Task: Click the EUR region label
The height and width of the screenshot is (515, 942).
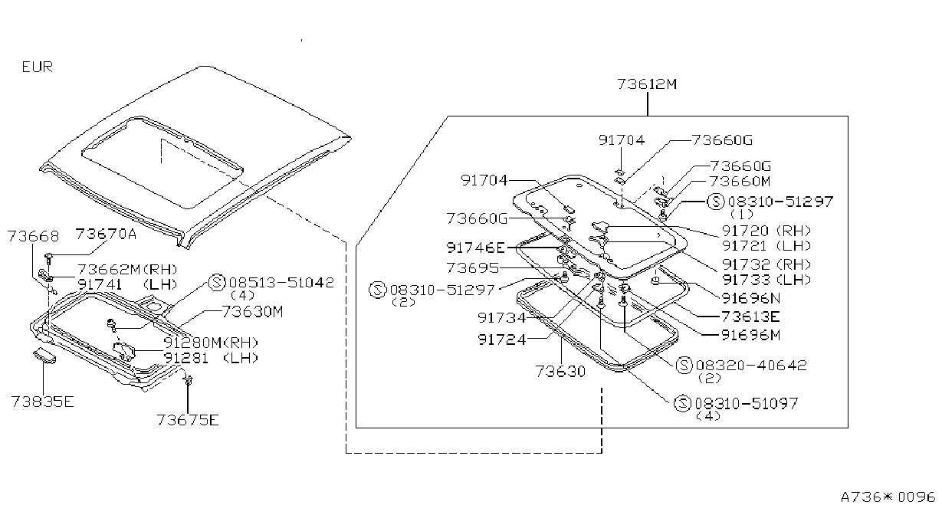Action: pos(38,67)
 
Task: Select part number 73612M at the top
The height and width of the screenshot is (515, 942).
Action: pos(647,84)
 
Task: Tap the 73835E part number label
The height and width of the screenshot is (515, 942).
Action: pos(42,402)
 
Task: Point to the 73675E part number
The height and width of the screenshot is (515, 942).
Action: pos(188,419)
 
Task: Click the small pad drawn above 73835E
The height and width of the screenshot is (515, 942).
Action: pos(44,356)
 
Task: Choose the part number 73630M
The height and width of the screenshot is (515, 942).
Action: pos(252,311)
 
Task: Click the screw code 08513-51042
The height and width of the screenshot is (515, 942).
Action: pos(281,283)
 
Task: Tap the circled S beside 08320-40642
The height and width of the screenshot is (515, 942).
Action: pos(684,365)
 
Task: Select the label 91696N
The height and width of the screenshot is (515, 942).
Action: pos(751,298)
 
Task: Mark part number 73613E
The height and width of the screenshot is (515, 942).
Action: pos(750,317)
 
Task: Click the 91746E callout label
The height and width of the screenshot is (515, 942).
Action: pos(476,248)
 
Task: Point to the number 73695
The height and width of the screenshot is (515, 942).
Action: pos(473,267)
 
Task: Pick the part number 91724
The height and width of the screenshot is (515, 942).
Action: pos(502,340)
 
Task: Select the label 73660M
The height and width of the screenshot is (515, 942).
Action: pos(740,181)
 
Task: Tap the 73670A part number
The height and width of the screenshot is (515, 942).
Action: pos(106,234)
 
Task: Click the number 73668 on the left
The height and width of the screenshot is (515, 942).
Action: pos(33,236)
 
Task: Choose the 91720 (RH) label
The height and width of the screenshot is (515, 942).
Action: pos(766,231)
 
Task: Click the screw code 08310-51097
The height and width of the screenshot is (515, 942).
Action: pos(747,404)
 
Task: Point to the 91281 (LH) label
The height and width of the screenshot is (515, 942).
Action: pos(211,358)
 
